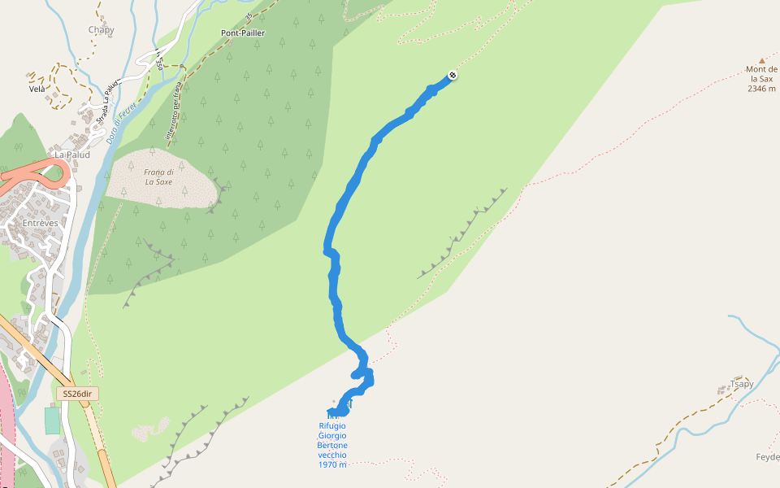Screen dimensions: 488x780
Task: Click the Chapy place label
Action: (x=102, y=30)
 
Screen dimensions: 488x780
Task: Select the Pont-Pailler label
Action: (x=243, y=33)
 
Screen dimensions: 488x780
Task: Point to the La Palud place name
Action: (x=70, y=154)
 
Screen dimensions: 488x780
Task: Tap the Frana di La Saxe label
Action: (x=159, y=176)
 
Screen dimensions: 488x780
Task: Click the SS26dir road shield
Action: (x=80, y=394)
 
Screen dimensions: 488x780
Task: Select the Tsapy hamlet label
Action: (x=743, y=384)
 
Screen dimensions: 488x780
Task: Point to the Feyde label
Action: (x=767, y=456)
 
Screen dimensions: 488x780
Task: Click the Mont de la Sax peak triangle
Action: (x=762, y=60)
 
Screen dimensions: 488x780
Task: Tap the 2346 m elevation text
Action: (x=761, y=89)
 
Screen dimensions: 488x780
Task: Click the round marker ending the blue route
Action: (x=453, y=76)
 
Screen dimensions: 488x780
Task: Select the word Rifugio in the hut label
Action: (x=332, y=425)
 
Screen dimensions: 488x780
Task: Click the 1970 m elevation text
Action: (x=332, y=464)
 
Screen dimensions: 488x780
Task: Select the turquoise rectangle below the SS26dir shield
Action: (x=52, y=420)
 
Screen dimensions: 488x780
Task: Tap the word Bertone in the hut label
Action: (x=332, y=445)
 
